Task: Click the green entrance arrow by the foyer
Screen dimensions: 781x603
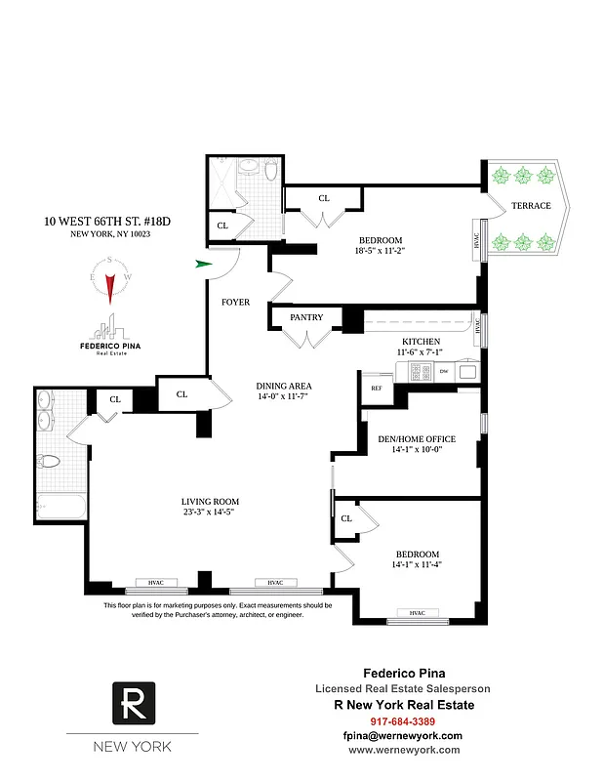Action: (204, 264)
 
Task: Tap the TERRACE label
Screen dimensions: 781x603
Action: (532, 206)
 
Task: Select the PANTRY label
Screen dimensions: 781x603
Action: (306, 317)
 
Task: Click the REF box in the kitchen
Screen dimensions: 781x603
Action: (377, 388)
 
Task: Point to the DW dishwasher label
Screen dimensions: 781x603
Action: (443, 371)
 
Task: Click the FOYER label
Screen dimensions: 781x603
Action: (235, 303)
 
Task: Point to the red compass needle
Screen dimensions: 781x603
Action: (111, 286)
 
